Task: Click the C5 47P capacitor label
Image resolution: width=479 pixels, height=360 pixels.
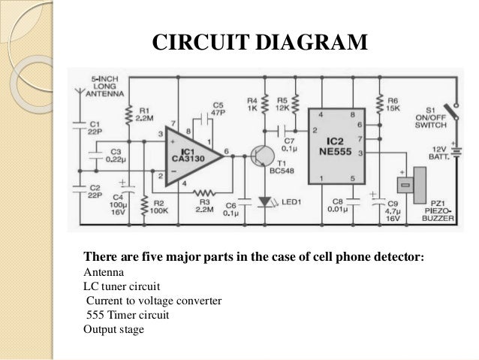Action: (x=218, y=109)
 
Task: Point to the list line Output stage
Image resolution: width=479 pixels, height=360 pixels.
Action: (x=113, y=329)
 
